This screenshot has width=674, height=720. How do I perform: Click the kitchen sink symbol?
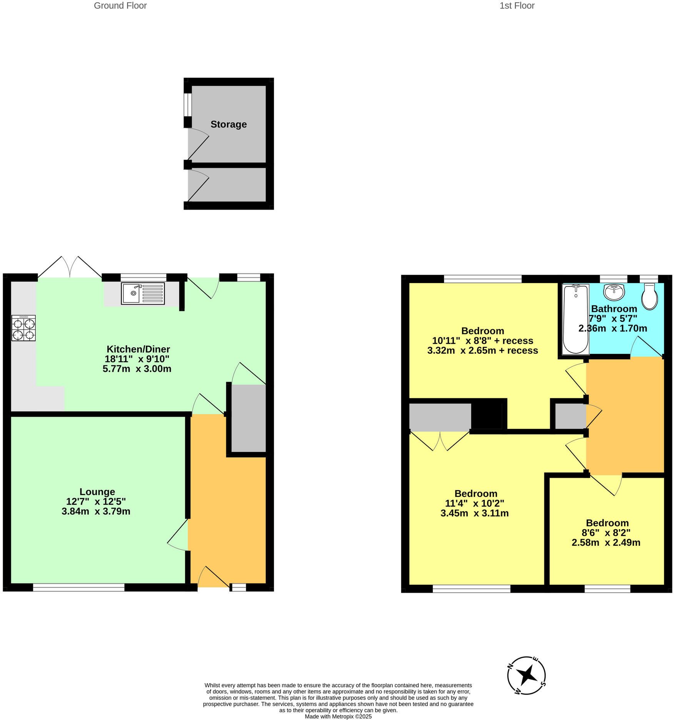click(143, 293)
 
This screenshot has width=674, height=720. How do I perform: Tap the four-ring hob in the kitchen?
click(23, 328)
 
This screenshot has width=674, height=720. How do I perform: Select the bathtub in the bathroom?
click(576, 319)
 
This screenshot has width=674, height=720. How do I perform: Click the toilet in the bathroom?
click(649, 297)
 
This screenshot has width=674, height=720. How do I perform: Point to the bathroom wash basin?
click(614, 292)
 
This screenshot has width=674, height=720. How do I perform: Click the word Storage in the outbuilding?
click(229, 124)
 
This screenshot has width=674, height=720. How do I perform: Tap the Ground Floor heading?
click(120, 6)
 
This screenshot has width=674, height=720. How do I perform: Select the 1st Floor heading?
click(517, 6)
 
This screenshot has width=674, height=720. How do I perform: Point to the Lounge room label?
click(97, 492)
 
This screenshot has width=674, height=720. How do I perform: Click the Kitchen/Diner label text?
click(138, 349)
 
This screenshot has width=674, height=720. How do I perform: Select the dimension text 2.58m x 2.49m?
click(606, 542)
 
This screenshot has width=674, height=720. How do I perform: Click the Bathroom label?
click(614, 308)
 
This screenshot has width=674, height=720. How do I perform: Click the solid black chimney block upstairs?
click(487, 414)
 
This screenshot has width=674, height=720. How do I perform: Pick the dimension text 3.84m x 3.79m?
click(96, 511)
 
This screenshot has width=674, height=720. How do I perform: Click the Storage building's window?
click(187, 104)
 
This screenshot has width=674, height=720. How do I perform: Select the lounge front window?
click(78, 587)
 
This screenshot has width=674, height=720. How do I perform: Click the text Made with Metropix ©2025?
click(338, 716)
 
